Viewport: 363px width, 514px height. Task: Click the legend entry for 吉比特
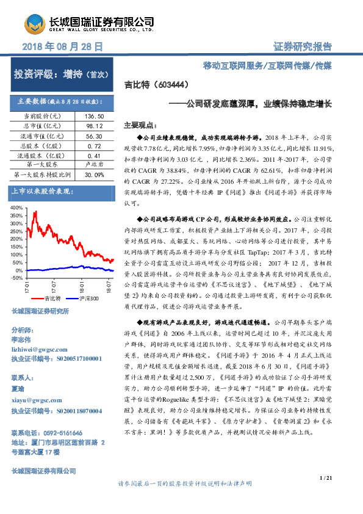point(49,299)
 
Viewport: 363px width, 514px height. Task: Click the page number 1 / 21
point(325,477)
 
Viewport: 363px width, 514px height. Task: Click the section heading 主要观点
point(140,123)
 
